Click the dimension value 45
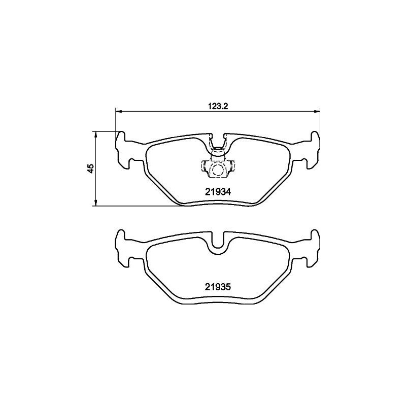(90, 168)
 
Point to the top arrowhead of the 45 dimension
(95, 133)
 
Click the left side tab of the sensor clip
(204, 166)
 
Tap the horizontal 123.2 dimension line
(167, 112)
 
